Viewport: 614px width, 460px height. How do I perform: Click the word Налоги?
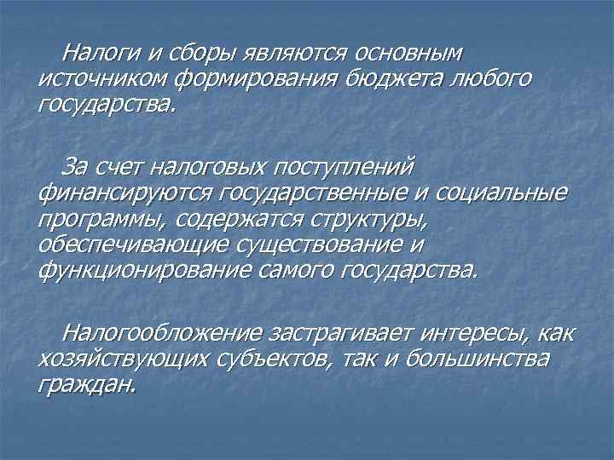pos(96,54)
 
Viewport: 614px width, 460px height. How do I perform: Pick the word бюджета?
pos(392,80)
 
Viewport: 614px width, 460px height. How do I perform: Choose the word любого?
pos(491,80)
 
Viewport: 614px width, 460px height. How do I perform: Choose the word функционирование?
pos(132,270)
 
